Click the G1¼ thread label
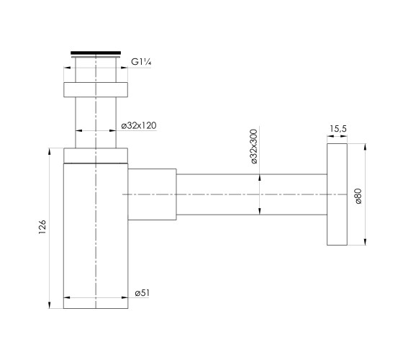[x=141, y=62]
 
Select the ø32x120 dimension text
[x=139, y=125]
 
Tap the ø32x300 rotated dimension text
[x=253, y=146]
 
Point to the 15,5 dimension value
[x=338, y=129]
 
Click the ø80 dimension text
[x=358, y=196]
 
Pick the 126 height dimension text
[x=42, y=227]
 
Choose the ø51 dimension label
[x=142, y=293]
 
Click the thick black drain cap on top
[x=96, y=53]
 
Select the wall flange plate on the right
[x=337, y=194]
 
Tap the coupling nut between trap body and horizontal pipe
[x=152, y=194]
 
